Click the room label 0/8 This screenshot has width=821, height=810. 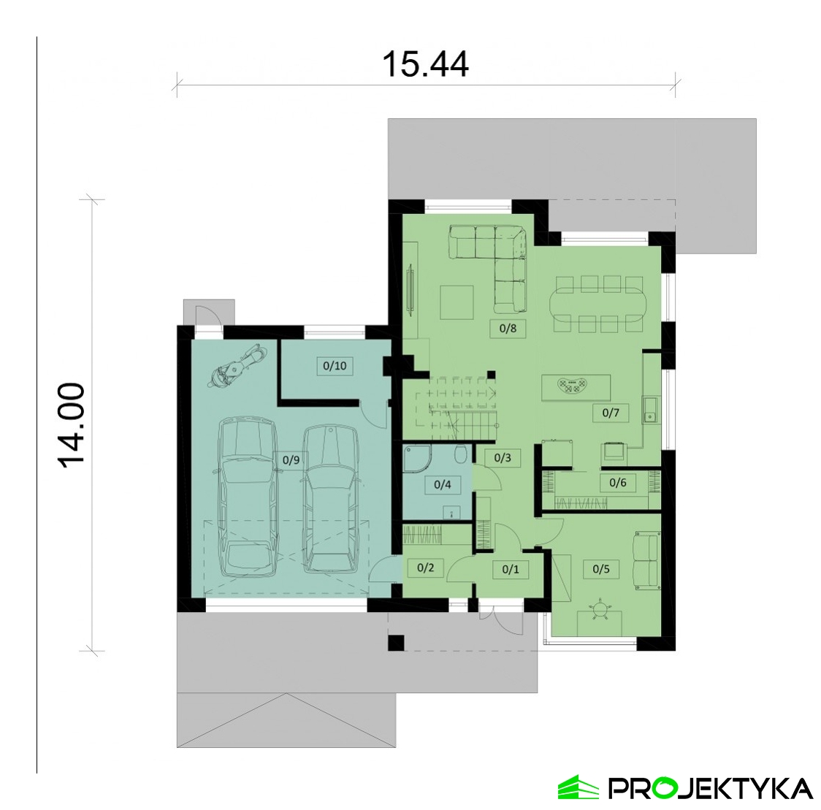(508, 328)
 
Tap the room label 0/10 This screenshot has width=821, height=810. (335, 365)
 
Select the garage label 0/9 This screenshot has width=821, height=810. (291, 460)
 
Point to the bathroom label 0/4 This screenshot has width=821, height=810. (443, 484)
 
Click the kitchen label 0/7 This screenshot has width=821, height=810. (611, 413)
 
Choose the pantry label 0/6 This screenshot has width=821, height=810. (618, 482)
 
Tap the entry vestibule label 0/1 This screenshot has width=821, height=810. (511, 569)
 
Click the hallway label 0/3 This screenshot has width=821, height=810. (503, 458)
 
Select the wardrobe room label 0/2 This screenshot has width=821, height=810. (426, 567)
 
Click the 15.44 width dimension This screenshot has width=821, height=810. (425, 64)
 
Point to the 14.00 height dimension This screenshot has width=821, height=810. (71, 426)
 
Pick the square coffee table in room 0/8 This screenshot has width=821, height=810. (457, 302)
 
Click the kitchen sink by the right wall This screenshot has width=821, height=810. (650, 410)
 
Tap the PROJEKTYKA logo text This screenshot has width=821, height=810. (710, 787)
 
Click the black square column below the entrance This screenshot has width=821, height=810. (397, 642)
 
